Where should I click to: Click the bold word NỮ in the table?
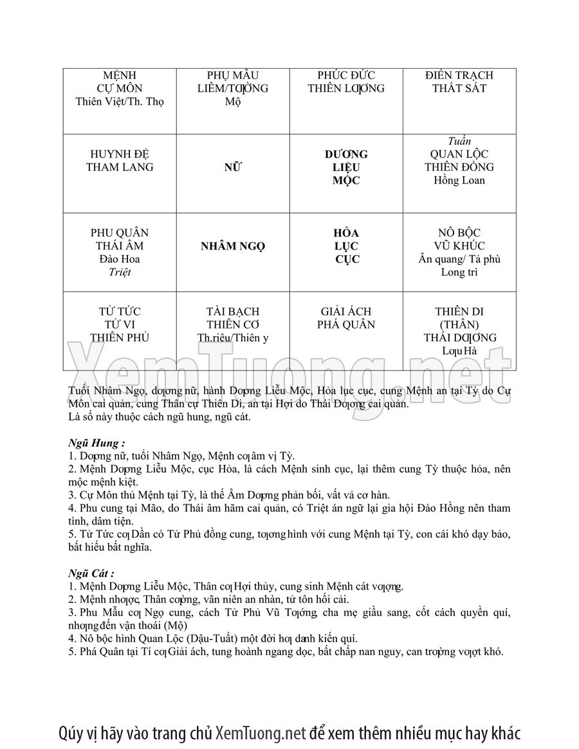(x=233, y=168)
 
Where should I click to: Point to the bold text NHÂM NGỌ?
(x=233, y=246)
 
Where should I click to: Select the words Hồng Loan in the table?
(x=459, y=181)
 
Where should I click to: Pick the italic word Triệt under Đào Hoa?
(x=120, y=273)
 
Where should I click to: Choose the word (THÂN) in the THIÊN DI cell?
(x=459, y=325)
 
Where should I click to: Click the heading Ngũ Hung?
(x=96, y=443)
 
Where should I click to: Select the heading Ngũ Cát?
(x=92, y=573)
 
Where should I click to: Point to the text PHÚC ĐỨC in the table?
(x=346, y=75)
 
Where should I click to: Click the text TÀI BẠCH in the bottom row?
(x=233, y=312)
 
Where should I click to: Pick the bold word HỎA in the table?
(x=346, y=233)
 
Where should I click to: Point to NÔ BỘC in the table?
(x=459, y=233)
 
